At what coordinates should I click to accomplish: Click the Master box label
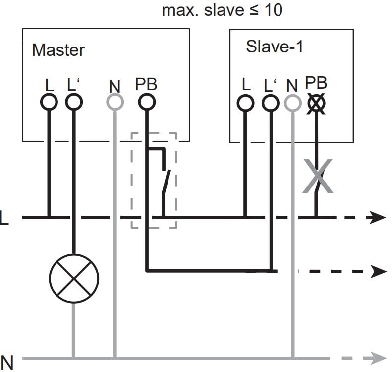(x=58, y=50)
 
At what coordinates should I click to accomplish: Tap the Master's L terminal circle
(x=49, y=103)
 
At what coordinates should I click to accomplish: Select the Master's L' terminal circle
(x=74, y=103)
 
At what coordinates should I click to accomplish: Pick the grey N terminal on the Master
(x=115, y=103)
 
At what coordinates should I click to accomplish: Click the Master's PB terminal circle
(x=146, y=103)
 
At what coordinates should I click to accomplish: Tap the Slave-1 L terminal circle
(x=244, y=103)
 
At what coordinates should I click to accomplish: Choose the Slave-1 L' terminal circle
(x=269, y=103)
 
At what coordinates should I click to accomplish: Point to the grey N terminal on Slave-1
(x=292, y=103)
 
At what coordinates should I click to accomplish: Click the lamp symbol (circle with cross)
(x=74, y=279)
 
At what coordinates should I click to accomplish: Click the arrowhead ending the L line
(x=379, y=217)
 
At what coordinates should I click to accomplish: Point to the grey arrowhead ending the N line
(x=379, y=357)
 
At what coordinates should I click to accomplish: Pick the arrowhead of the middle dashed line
(x=379, y=271)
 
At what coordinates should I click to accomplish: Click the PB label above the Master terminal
(x=146, y=85)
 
